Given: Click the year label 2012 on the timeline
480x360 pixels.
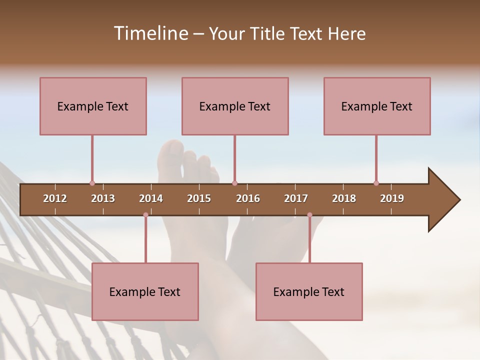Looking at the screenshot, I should pyautogui.click(x=55, y=198).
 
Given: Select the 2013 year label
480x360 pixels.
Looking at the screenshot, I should pyautogui.click(x=103, y=198).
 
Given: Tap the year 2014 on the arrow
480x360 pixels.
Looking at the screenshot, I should pyautogui.click(x=151, y=198).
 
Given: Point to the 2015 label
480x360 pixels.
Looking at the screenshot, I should pyautogui.click(x=199, y=198).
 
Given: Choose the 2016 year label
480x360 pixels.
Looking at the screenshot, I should pyautogui.click(x=248, y=198).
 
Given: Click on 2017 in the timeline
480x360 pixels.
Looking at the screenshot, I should pyautogui.click(x=296, y=198).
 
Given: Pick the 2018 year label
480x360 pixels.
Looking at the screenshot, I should pyautogui.click(x=344, y=198).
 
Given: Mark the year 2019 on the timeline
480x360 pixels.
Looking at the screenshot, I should pyautogui.click(x=392, y=198).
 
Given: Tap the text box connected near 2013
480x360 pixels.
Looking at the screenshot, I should pyautogui.click(x=93, y=106).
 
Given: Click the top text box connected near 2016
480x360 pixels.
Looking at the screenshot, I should pyautogui.click(x=235, y=106).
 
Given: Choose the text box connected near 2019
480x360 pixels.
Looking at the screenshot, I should pyautogui.click(x=377, y=106).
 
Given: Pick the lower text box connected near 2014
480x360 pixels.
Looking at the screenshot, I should pyautogui.click(x=145, y=291).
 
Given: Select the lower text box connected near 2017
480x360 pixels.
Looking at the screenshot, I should pyautogui.click(x=309, y=291).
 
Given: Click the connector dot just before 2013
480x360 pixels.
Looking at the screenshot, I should pyautogui.click(x=92, y=183).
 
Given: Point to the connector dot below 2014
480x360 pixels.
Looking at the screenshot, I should pyautogui.click(x=145, y=215).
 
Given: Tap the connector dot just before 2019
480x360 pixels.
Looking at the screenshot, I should pyautogui.click(x=376, y=183).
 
